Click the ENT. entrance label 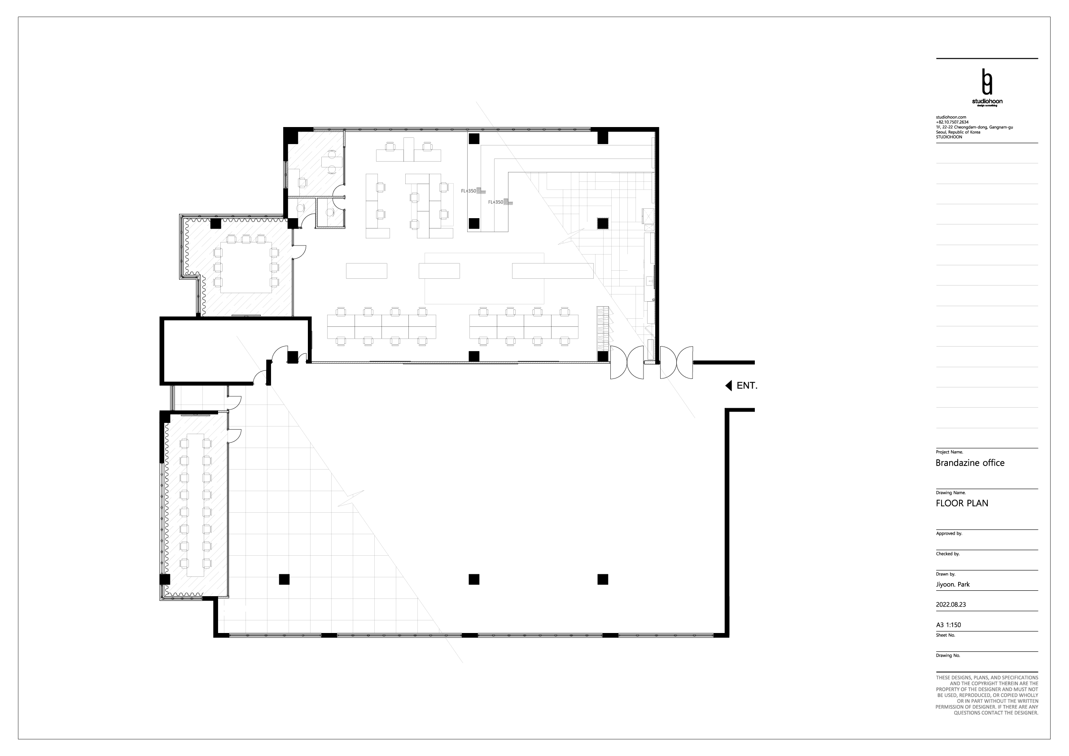(747, 386)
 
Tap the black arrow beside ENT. (729, 386)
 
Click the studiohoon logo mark (986, 83)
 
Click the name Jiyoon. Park (953, 585)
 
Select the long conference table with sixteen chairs (195, 505)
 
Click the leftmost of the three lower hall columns (284, 580)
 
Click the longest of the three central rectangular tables (552, 271)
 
